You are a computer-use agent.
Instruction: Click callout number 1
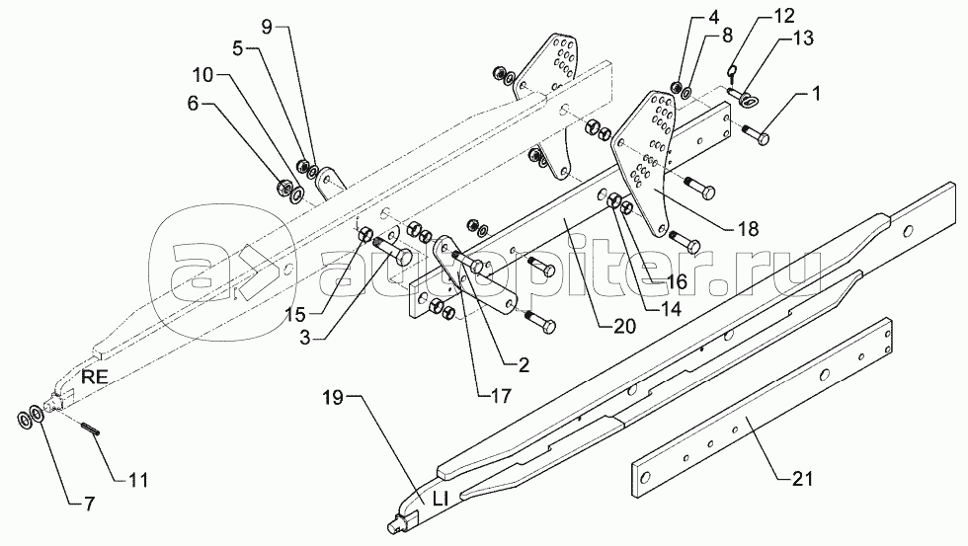pos(816,95)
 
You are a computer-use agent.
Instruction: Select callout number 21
pos(802,478)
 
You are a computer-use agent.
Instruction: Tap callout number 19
pos(333,397)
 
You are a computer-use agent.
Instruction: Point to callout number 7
pos(90,505)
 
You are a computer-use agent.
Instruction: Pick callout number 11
pos(138,480)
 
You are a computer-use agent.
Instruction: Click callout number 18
pos(748,229)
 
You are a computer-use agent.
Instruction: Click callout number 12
pos(784,16)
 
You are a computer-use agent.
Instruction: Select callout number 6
pos(194,104)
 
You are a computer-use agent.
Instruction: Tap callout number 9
pos(266,27)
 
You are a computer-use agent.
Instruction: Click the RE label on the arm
pos(95,377)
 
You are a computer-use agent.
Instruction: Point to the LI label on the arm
pos(440,499)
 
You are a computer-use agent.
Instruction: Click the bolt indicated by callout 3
pos(393,253)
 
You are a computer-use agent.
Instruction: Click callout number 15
pos(295,315)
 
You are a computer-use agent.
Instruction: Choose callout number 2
pos(523,365)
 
